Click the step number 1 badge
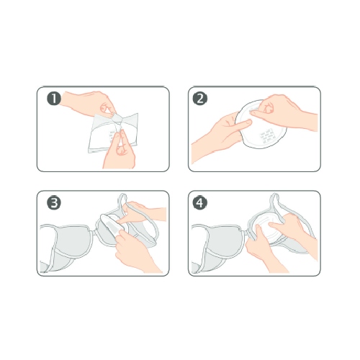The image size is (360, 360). tap(54, 99)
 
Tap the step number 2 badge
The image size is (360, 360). tap(200, 99)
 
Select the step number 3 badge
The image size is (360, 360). tap(54, 203)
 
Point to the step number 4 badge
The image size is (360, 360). tap(200, 203)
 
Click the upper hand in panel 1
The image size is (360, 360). tap(89, 103)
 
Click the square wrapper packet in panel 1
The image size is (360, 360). tap(113, 133)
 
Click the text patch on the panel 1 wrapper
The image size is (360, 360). tap(112, 136)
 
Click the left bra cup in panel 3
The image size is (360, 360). tap(70, 243)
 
